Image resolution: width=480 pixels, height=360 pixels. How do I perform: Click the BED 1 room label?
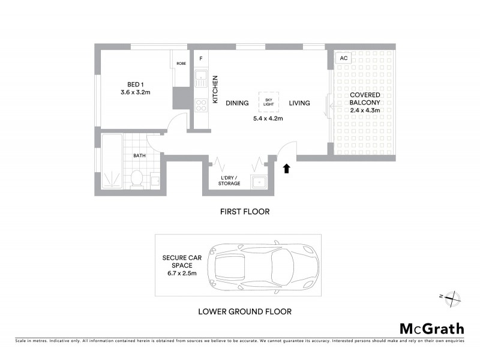134,84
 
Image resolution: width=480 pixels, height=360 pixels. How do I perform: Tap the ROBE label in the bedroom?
181,62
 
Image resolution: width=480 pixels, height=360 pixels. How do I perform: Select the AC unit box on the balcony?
343,58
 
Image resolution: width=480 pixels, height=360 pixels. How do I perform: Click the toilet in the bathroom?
137,178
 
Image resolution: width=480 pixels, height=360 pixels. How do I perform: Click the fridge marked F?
200,58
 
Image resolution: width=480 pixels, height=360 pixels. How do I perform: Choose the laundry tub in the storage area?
259,182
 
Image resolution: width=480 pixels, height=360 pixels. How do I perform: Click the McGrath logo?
432,328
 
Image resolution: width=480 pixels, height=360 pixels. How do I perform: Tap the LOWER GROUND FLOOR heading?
245,311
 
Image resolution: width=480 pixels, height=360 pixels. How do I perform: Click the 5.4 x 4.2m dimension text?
268,118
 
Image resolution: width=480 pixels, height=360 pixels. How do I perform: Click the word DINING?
237,103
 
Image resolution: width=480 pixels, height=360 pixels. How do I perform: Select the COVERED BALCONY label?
365,98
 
